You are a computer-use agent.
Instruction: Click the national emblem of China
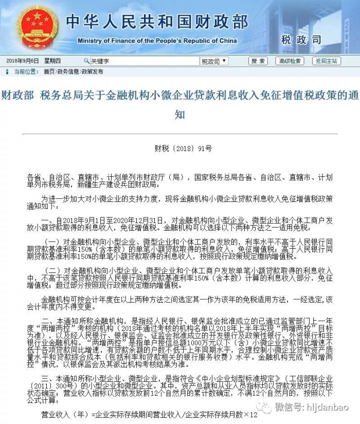tap(37, 27)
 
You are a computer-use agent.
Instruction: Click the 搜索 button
tap(258, 61)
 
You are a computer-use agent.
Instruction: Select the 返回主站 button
tap(327, 61)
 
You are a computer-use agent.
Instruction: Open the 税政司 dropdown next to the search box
tap(214, 61)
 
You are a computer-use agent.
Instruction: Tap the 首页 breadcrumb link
tap(49, 71)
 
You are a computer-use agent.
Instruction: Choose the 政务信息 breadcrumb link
tap(68, 71)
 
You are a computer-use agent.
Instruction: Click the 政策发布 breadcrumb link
tap(92, 71)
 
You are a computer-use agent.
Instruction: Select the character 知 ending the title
tap(179, 114)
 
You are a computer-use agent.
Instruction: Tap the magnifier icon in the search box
tap(86, 61)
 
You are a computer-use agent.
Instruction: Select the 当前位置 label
tap(26, 71)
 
